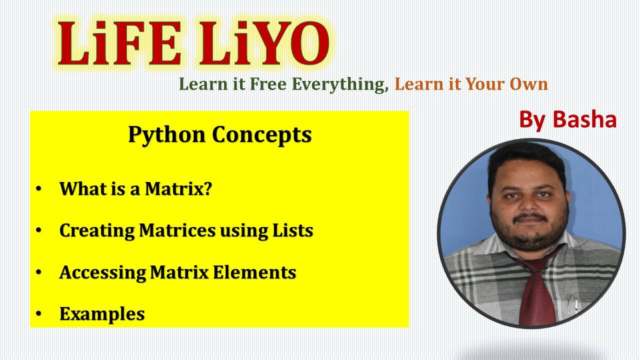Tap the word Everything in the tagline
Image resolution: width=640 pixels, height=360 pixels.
[x=340, y=84]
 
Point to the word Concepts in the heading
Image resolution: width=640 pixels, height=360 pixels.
[x=261, y=134]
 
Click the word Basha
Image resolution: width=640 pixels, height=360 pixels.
[x=584, y=119]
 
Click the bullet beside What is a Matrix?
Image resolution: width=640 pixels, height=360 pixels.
[x=39, y=189]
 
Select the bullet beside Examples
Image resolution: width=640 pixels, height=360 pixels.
[x=39, y=314]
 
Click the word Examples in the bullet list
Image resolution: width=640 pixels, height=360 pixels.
[x=102, y=314]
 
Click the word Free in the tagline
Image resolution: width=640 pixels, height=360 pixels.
[x=268, y=84]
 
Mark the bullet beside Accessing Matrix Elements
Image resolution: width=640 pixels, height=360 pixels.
[x=39, y=272]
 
